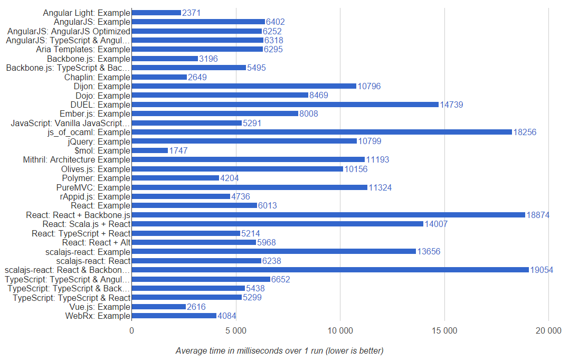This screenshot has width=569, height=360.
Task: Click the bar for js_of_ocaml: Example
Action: point(322,132)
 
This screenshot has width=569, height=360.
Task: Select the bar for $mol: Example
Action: point(150,150)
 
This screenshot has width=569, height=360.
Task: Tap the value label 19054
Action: point(542,270)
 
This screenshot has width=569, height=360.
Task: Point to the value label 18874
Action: point(538,215)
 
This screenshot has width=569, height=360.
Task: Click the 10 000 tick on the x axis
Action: point(340,331)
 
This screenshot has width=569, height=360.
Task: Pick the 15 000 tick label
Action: point(444,331)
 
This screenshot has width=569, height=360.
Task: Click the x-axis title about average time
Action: point(279,350)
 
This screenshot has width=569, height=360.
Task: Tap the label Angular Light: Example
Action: point(87,12)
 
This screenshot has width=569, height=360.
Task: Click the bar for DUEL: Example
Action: point(285,105)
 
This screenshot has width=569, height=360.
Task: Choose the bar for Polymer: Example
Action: point(175,178)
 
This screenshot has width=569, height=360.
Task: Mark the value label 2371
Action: point(192,13)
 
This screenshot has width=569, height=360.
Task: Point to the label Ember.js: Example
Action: point(95,113)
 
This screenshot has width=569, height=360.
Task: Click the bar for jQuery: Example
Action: point(244,141)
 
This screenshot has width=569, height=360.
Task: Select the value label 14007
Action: point(437,224)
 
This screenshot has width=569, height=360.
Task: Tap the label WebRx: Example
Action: point(98,316)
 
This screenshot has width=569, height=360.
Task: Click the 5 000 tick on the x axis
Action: point(235,331)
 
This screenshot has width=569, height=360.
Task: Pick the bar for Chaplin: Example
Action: point(159,77)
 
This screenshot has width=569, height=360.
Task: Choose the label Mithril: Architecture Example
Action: point(77,159)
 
